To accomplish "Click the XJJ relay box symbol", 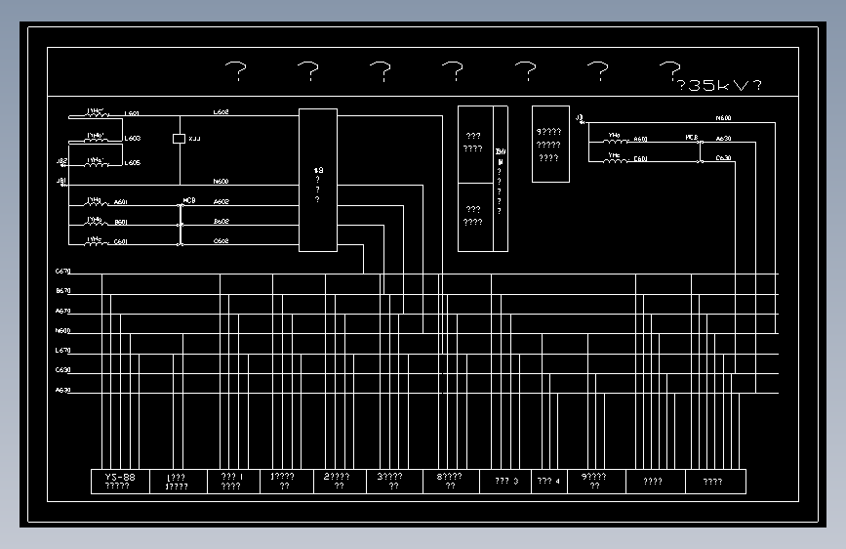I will [179, 139].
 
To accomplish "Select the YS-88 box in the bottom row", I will [120, 482].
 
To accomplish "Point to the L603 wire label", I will [132, 139].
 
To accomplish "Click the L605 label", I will [132, 163].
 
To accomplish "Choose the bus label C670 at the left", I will [63, 271].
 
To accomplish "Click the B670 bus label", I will [63, 291].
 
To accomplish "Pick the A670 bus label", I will [63, 311].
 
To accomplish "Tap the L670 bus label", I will [63, 351].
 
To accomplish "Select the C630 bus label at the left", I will [63, 370].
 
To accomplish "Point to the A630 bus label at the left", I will [63, 390].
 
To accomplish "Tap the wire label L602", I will [222, 112].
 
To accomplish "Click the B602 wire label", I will [222, 222].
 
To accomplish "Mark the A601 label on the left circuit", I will [121, 202].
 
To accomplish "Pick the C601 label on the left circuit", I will [121, 241].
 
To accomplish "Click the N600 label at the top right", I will [723, 118].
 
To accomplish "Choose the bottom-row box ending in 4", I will [549, 482].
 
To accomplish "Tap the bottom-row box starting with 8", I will [456, 482].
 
